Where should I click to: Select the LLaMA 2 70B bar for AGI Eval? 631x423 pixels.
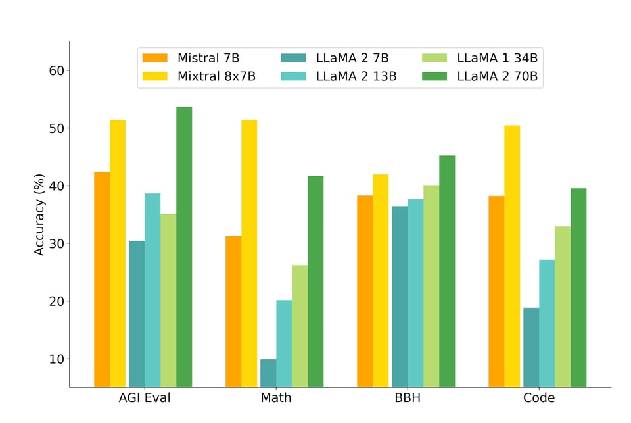point(184,247)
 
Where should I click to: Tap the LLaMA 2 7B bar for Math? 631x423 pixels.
point(268,373)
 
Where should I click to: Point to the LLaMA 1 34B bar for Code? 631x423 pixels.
point(563,307)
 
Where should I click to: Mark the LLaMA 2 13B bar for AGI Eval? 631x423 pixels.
point(152,290)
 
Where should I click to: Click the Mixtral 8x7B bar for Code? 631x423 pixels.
point(512,256)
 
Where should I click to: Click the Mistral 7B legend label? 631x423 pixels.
point(208,58)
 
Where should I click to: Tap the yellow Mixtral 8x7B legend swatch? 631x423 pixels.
point(155,76)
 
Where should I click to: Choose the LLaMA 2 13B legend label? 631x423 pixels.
point(356,76)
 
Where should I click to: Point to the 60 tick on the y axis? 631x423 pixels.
point(55,70)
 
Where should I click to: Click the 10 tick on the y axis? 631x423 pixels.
point(55,359)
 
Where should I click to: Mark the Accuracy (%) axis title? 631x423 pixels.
point(39,214)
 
